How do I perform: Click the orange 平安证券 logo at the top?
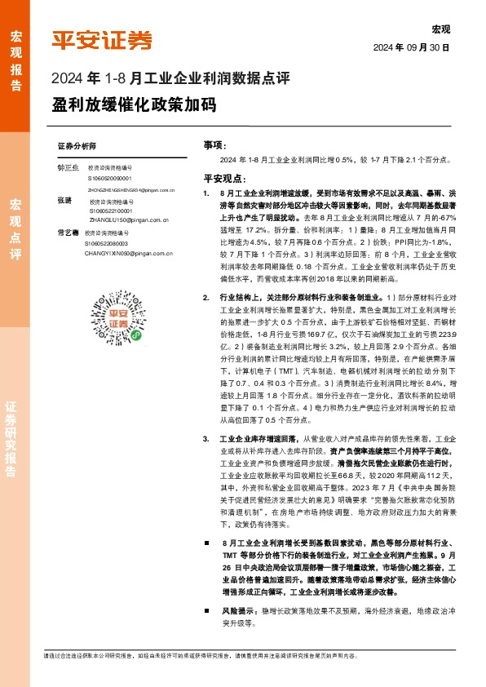click(102, 38)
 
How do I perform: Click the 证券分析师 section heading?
click(77, 144)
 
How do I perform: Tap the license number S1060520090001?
click(116, 177)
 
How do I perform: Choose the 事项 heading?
click(213, 144)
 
